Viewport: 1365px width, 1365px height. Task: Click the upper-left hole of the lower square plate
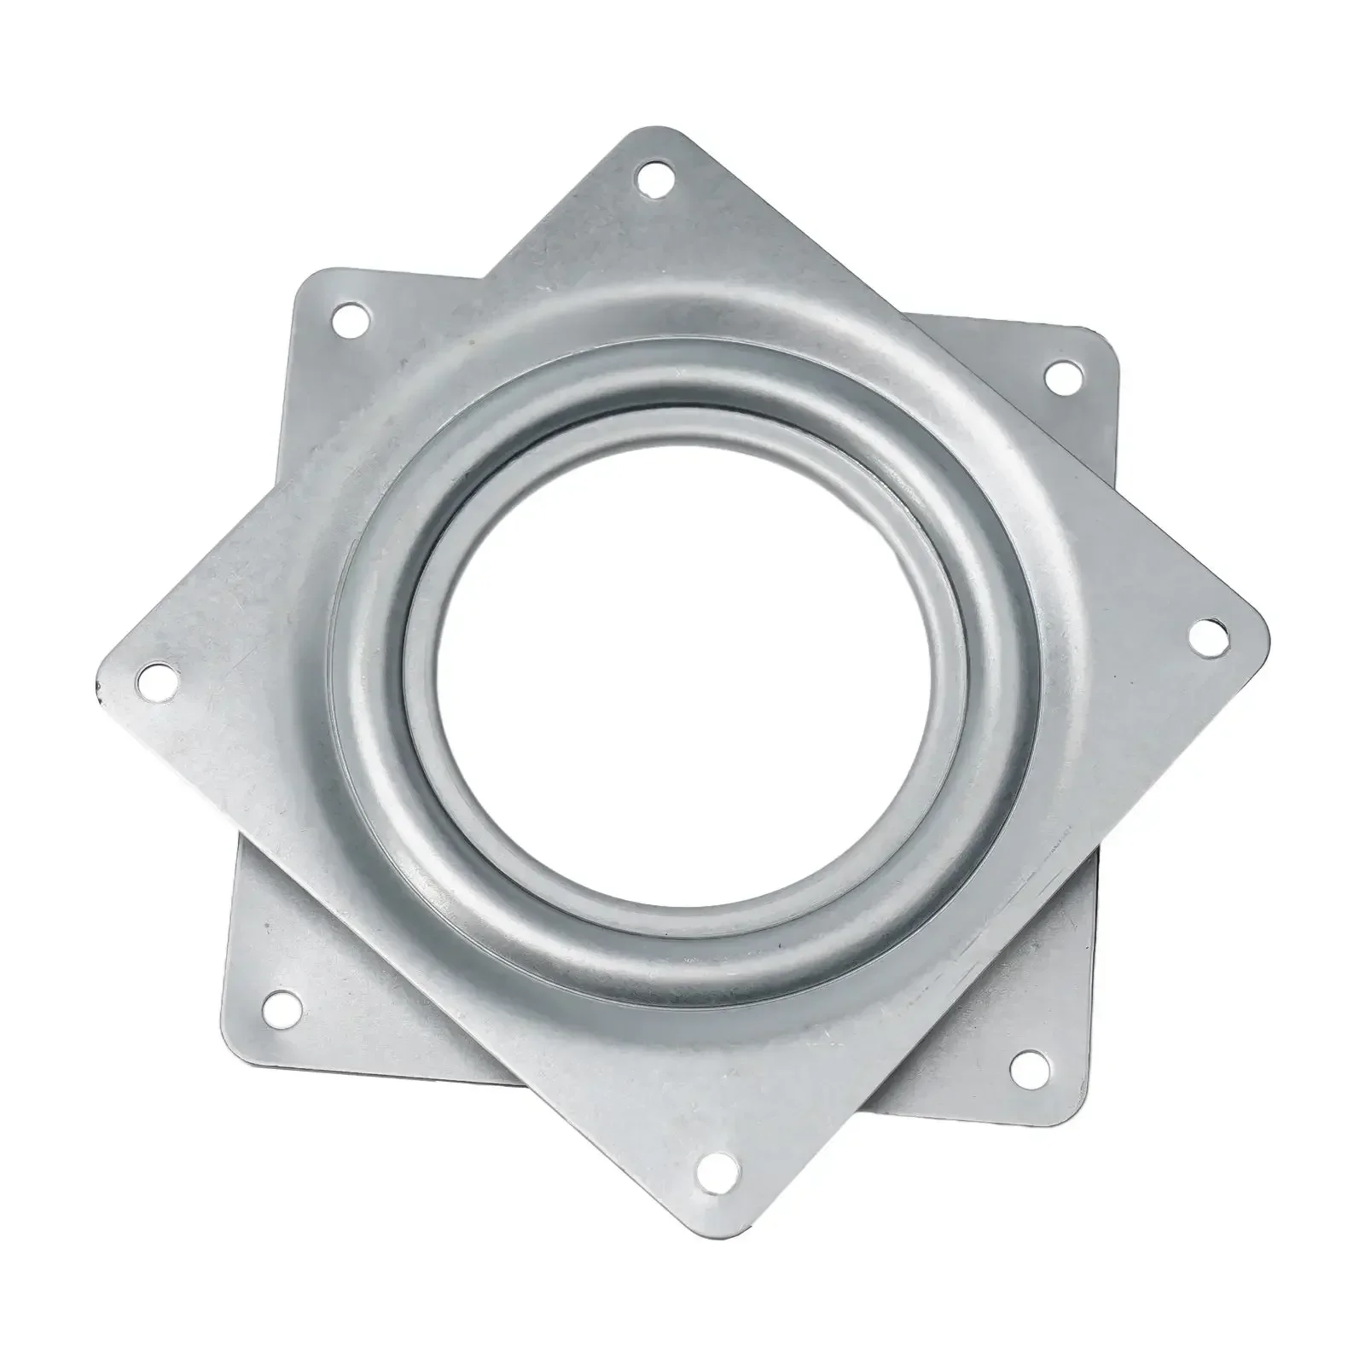(349, 322)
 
